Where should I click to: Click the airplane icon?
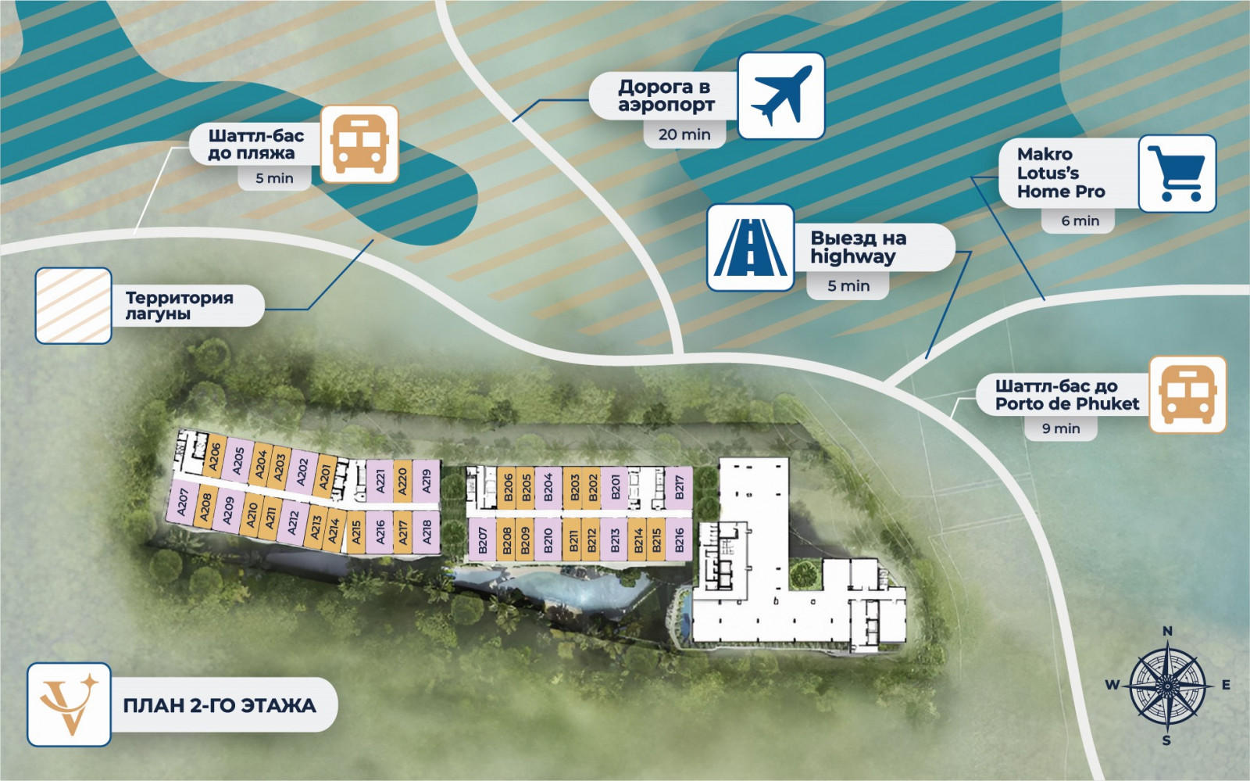781,95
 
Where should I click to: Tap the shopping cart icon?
1177,174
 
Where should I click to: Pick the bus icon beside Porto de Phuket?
1187,395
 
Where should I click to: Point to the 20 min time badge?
684,134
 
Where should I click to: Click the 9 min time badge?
1061,428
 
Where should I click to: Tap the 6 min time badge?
1080,220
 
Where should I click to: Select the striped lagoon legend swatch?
73,306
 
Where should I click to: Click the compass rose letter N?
1167,631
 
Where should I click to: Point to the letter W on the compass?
1112,685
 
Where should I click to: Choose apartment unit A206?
214,456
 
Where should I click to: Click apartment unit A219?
427,482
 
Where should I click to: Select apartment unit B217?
679,488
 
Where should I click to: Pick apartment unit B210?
548,540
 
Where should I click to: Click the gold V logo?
70,704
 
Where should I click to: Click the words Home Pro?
1061,192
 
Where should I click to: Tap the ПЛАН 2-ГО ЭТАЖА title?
220,706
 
